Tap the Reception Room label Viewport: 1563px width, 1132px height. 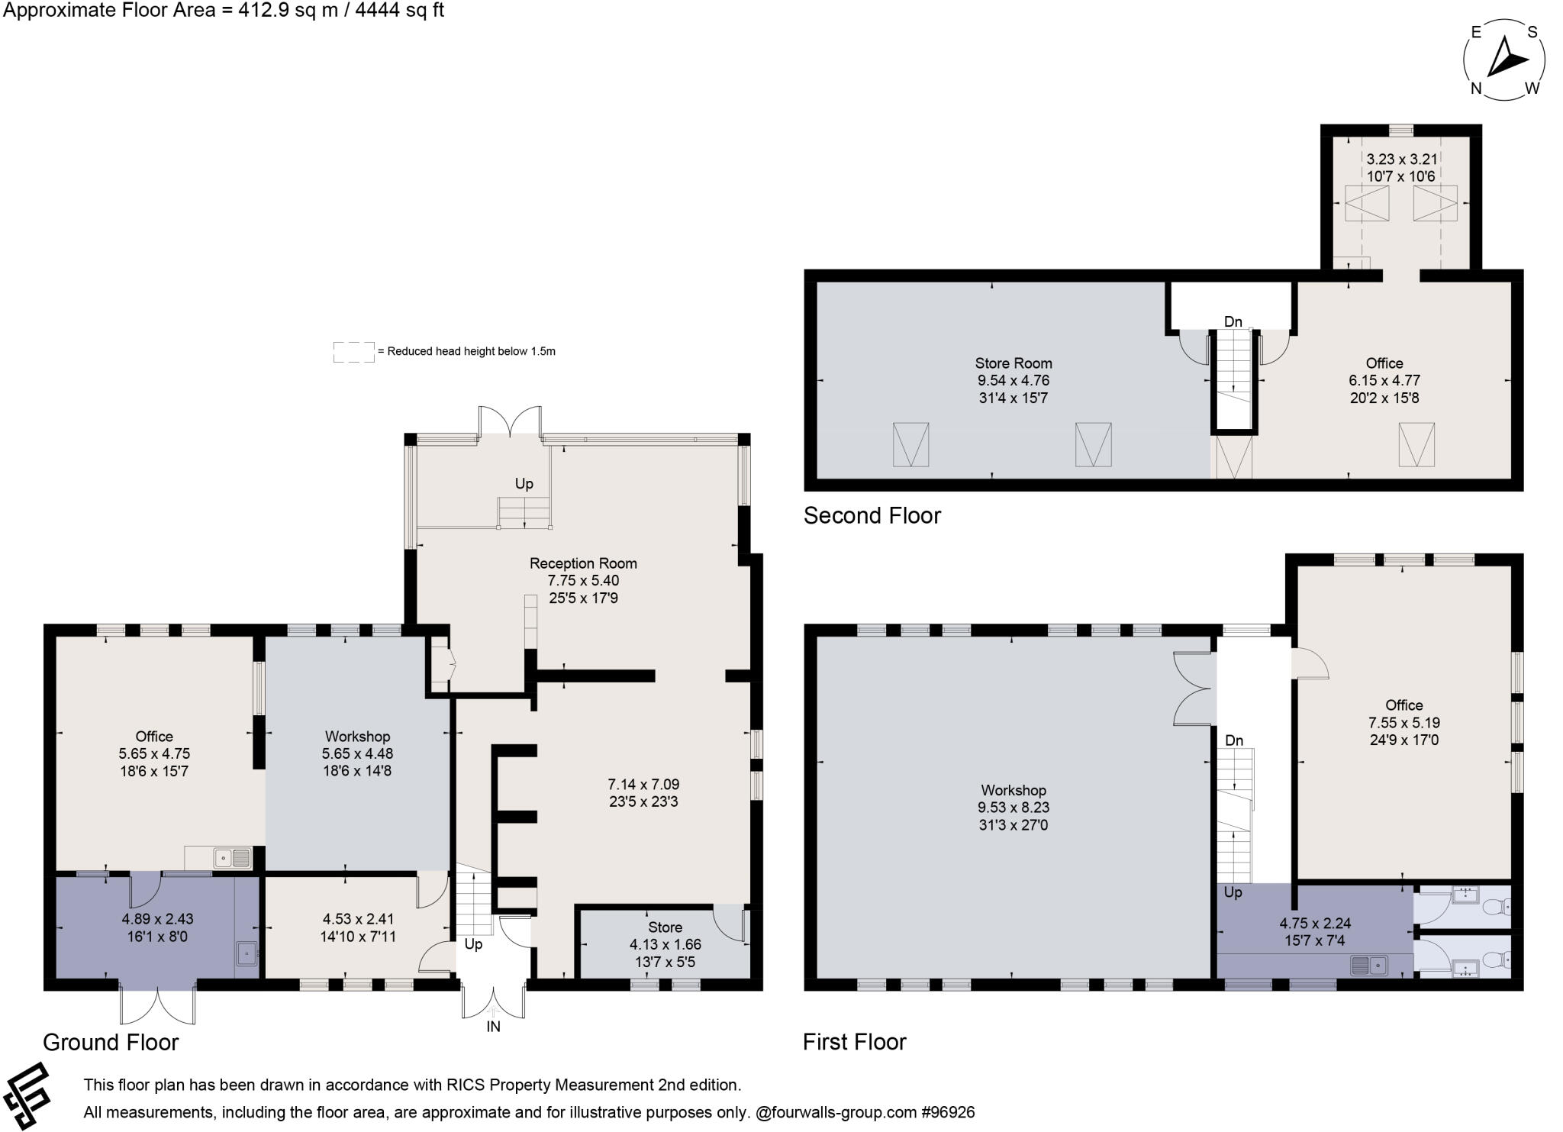point(583,563)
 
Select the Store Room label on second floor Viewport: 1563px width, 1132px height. point(1013,363)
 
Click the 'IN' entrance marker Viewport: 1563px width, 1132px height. point(493,1027)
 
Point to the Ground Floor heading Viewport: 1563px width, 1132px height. point(111,1042)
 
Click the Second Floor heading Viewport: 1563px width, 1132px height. point(872,516)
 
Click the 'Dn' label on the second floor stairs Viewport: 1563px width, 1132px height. point(1233,322)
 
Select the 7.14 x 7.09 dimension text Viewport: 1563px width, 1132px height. point(643,784)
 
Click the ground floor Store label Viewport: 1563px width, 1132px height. point(665,927)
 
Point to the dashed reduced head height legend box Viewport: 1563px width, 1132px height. point(353,352)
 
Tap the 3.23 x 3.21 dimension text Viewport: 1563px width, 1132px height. point(1401,160)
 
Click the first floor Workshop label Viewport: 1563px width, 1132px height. point(1013,790)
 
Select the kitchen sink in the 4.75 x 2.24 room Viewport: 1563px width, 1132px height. point(1368,966)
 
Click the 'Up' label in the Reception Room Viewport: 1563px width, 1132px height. point(524,484)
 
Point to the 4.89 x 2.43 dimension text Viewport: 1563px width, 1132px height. point(154,919)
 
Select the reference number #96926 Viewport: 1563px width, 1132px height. point(948,1112)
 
